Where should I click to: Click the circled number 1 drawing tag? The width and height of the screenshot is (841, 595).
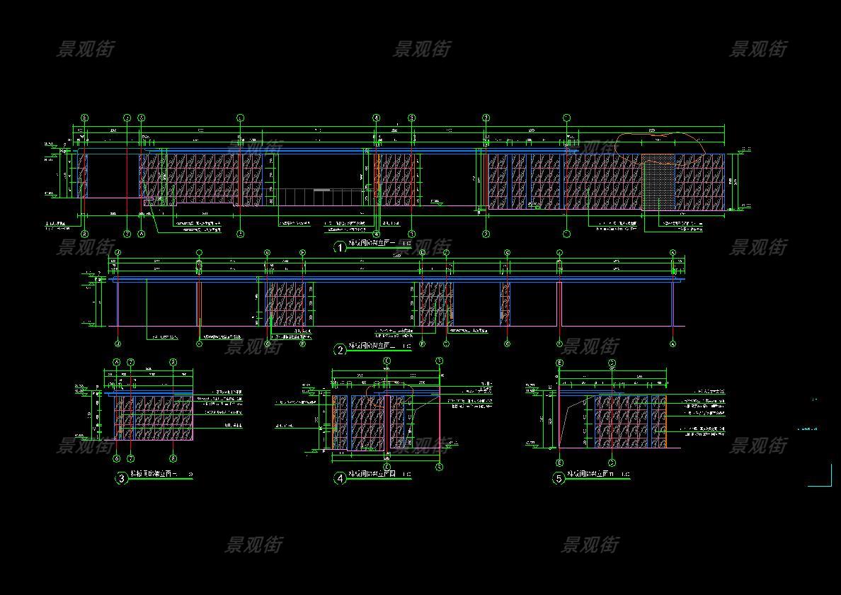tap(341, 247)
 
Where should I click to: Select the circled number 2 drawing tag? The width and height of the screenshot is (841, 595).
tap(341, 349)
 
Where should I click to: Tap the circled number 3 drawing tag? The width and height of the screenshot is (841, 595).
tap(122, 479)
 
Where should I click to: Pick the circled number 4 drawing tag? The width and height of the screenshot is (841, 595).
tap(341, 479)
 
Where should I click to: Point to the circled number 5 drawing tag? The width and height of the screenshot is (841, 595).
tap(559, 479)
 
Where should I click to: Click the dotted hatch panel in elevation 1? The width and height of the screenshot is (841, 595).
tap(658, 182)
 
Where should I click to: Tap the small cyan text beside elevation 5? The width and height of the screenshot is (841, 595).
tap(807, 428)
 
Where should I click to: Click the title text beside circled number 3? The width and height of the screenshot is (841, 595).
tap(158, 474)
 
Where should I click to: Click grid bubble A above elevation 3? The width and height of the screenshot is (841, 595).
tap(117, 363)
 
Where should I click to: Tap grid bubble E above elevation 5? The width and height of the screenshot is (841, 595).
tap(559, 363)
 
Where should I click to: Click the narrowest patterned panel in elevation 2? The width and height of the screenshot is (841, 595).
tap(505, 305)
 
